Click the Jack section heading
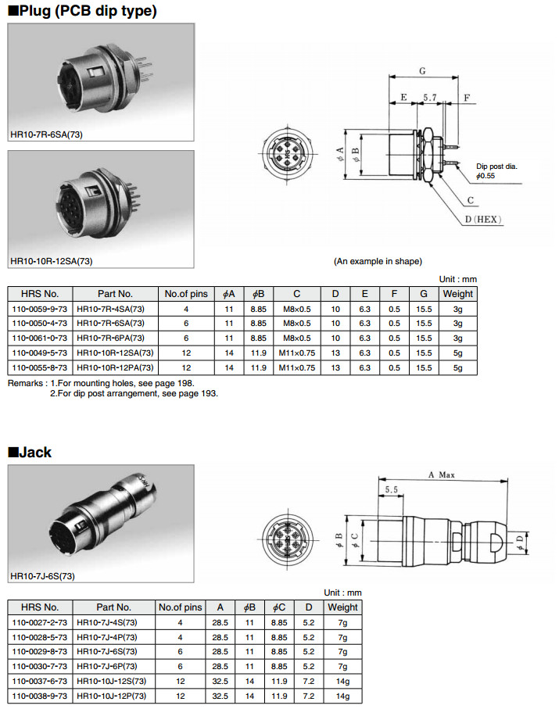click(30, 452)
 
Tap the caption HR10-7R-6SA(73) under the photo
click(47, 134)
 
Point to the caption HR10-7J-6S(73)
click(43, 576)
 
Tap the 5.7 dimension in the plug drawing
click(429, 98)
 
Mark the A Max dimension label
click(442, 474)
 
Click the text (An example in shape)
click(378, 260)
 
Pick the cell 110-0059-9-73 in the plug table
click(40, 309)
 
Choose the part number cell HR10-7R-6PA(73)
click(110, 338)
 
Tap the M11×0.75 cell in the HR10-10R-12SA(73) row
click(297, 353)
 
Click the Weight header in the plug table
click(457, 294)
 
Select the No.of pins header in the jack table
click(180, 607)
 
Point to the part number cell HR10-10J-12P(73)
click(110, 695)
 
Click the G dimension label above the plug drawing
click(422, 70)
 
